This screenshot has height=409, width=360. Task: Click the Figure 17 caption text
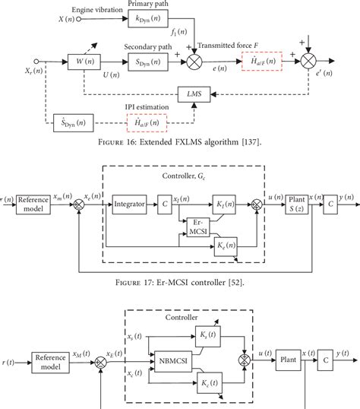180,287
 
